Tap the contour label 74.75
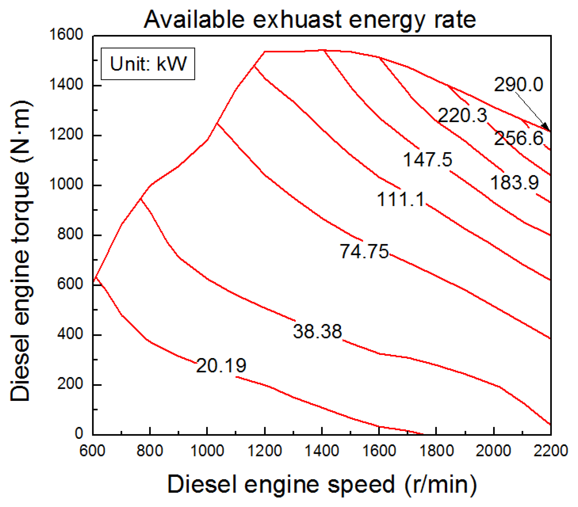[x=364, y=251]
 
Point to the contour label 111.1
[x=401, y=199]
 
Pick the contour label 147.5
[x=427, y=159]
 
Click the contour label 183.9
[x=515, y=182]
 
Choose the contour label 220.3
[x=462, y=115]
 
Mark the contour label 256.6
[x=518, y=139]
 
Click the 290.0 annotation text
[x=518, y=84]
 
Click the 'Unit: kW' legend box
[x=148, y=64]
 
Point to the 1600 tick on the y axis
[x=66, y=35]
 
